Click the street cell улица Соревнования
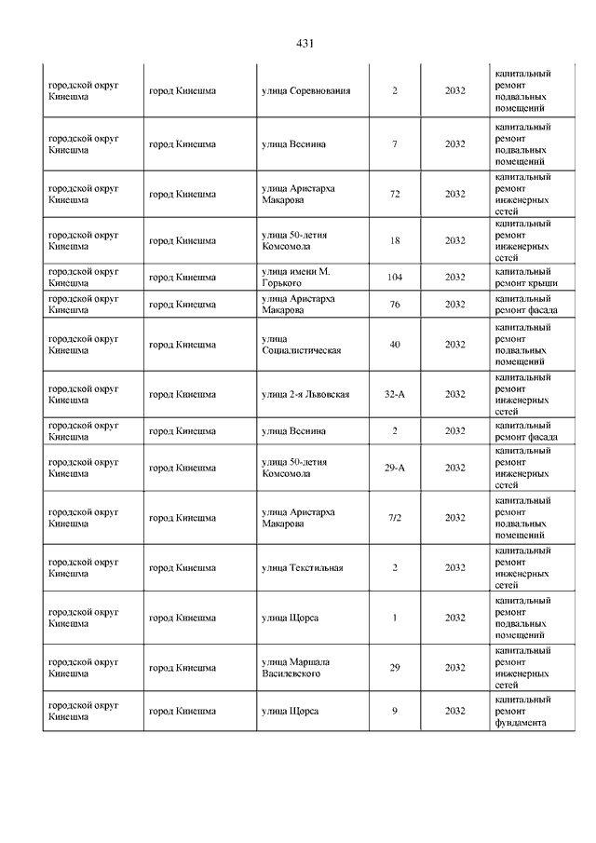306,91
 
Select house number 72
395,195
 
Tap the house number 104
395,278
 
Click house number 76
395,305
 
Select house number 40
395,345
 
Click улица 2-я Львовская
305,395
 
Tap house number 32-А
395,395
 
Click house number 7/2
395,518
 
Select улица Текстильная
303,567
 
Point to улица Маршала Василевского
296,667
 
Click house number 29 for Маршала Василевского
395,667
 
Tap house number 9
395,712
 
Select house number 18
395,240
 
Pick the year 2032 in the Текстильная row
454,567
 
